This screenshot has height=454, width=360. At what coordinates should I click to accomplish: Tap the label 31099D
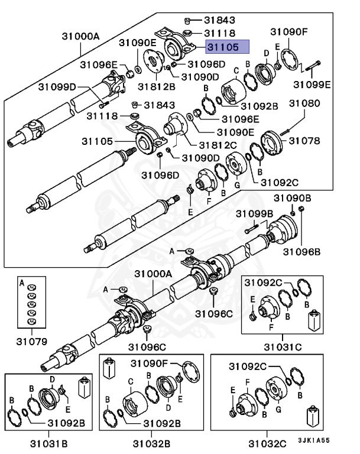click(x=58, y=87)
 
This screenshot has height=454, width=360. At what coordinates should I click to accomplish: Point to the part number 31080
click(x=304, y=103)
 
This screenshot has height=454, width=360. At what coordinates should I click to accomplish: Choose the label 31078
click(x=304, y=141)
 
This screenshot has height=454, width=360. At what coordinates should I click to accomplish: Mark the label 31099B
click(x=254, y=213)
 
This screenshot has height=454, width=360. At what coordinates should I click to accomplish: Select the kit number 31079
click(x=31, y=341)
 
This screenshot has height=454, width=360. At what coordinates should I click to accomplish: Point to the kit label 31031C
click(x=282, y=346)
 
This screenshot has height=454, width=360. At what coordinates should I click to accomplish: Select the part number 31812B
click(x=157, y=87)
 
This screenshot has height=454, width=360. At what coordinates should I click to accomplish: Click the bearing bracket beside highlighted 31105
click(x=176, y=43)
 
